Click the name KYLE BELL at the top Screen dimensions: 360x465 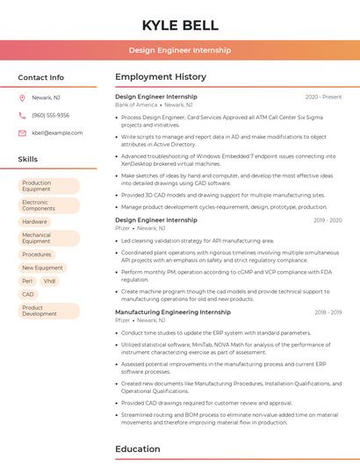coord(179,25)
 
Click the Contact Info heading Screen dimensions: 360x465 coord(41,77)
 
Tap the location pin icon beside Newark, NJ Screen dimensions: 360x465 coord(22,98)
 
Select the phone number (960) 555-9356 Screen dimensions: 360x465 coord(50,115)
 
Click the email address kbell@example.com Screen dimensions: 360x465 coord(57,132)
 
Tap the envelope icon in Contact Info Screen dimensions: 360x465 coord(22,132)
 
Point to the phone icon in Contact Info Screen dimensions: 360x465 coord(22,115)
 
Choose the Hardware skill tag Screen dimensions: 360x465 coord(34,222)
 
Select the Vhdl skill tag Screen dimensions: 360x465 coord(49,281)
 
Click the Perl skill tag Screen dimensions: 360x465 coord(27,281)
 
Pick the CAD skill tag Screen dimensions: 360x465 coord(28,294)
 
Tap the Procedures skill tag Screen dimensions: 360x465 coord(37,254)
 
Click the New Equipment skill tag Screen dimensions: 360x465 coord(42,268)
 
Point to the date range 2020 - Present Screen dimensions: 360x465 coord(323,97)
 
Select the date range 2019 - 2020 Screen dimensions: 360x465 coord(328,220)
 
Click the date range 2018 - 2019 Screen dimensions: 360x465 coord(328,312)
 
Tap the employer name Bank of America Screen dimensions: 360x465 coord(135,104)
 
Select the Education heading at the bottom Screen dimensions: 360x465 coord(137,449)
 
